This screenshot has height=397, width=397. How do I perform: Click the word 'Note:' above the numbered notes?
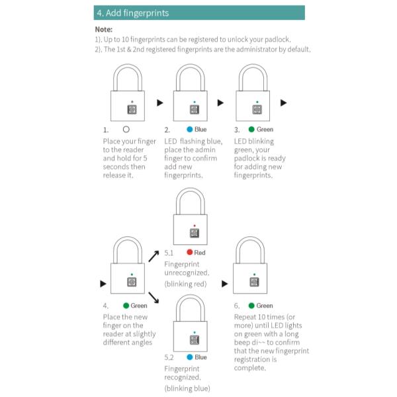[104, 30]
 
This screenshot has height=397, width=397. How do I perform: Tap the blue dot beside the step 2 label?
[189, 130]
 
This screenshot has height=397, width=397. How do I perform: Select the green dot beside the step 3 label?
[251, 130]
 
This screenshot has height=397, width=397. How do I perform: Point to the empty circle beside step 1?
[126, 130]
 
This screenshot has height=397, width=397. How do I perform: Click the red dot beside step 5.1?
[189, 252]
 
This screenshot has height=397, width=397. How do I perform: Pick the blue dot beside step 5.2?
[189, 357]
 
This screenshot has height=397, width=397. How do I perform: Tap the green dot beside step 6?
[251, 306]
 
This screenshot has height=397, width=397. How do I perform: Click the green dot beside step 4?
[126, 306]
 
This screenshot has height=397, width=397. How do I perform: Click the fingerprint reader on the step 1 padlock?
[132, 110]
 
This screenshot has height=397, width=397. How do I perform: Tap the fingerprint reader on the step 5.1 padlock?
[195, 233]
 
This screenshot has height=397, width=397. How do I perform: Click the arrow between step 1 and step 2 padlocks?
[159, 103]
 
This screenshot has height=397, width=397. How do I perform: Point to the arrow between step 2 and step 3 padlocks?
[221, 103]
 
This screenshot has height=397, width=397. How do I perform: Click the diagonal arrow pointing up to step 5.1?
[154, 256]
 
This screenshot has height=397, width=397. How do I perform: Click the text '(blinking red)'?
[186, 284]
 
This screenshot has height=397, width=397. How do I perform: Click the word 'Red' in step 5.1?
[200, 252]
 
